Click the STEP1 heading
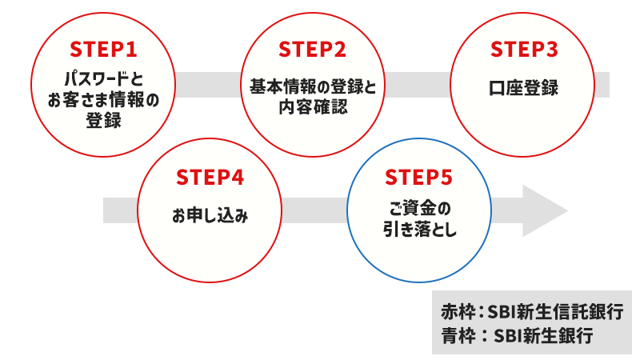103,50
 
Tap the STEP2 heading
313,50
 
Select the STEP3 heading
523,50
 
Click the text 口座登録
523,88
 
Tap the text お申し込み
209,215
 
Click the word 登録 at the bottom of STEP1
103,121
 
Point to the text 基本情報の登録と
313,86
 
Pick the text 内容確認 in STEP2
313,106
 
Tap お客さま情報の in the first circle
103,101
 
